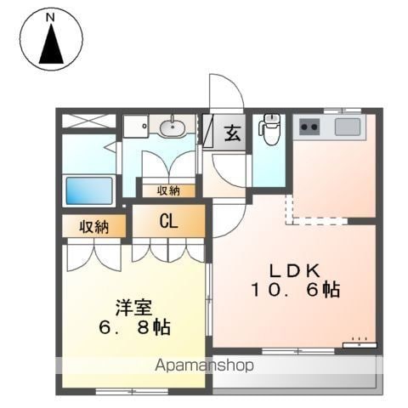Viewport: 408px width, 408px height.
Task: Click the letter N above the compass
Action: click(50, 18)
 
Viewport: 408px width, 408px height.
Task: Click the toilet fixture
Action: click(269, 128)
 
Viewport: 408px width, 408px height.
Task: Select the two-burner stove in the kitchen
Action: click(309, 127)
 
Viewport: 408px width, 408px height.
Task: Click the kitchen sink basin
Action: click(348, 127)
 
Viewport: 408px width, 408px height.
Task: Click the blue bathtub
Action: click(89, 190)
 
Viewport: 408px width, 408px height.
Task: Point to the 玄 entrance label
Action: click(232, 133)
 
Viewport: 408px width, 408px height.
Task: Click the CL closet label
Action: click(168, 221)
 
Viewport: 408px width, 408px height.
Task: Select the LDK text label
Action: click(295, 271)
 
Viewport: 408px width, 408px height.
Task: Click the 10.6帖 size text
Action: click(296, 290)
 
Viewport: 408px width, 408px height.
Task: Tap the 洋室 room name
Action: click(133, 308)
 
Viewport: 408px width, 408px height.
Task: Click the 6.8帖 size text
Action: click(134, 327)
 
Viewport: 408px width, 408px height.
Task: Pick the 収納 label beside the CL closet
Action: click(93, 227)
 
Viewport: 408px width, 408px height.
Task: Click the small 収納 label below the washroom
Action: click(168, 191)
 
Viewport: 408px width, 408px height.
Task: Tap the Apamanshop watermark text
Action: click(204, 365)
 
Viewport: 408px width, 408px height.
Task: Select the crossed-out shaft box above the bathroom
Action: click(88, 121)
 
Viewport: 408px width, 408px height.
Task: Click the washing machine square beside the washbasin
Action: click(136, 127)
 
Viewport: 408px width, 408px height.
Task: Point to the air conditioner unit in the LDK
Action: click(360, 345)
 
